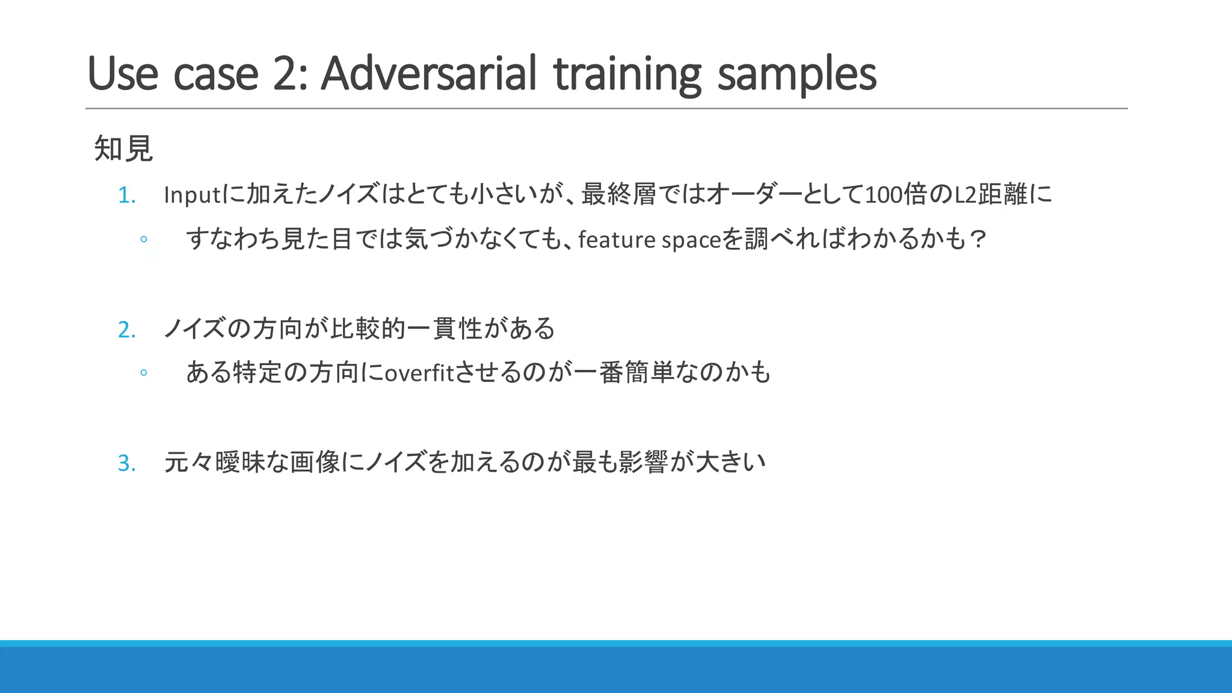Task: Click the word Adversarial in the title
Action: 428,73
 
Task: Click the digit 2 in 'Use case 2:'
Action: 288,73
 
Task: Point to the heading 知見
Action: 123,149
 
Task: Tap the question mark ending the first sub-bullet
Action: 978,239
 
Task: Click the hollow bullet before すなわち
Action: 144,239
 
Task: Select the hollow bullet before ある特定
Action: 144,373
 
